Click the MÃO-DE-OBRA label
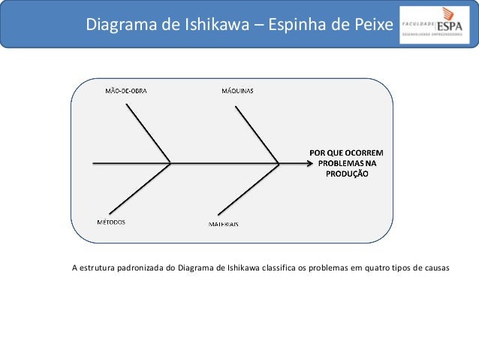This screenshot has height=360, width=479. point(125,91)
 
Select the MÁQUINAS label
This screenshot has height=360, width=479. point(237,91)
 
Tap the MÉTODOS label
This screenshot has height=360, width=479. point(110,222)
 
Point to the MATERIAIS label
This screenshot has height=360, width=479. point(224,224)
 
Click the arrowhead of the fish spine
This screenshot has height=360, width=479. point(306,162)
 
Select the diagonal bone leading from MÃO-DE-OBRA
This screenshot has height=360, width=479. point(149,132)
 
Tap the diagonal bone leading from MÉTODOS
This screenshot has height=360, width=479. point(140,188)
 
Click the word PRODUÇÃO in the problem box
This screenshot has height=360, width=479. point(346,173)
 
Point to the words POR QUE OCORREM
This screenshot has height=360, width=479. point(346,152)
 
